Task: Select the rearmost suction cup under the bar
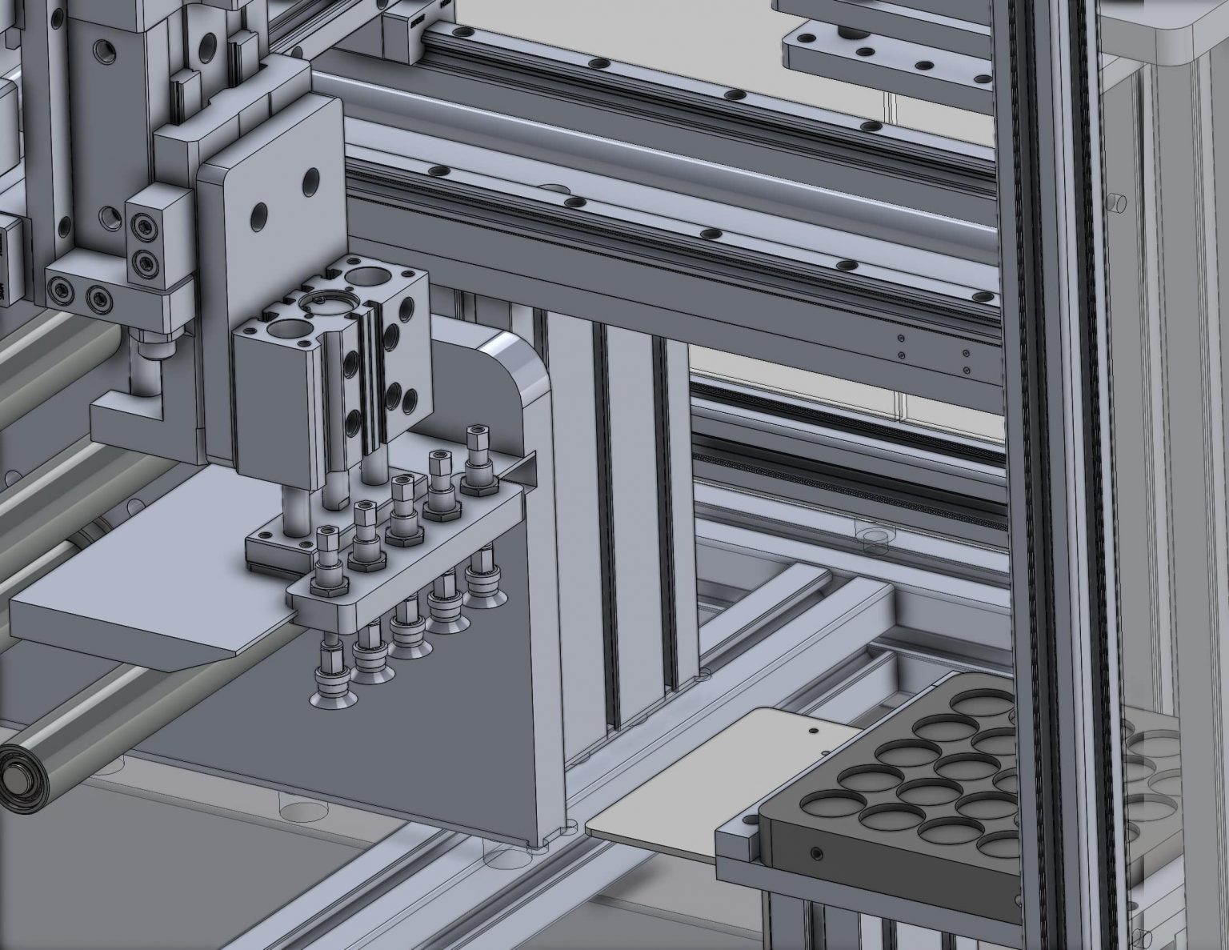click(480, 583)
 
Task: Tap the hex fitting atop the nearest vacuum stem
click(328, 532)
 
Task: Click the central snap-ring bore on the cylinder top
click(321, 303)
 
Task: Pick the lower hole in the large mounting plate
click(260, 215)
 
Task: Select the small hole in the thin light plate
click(813, 730)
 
